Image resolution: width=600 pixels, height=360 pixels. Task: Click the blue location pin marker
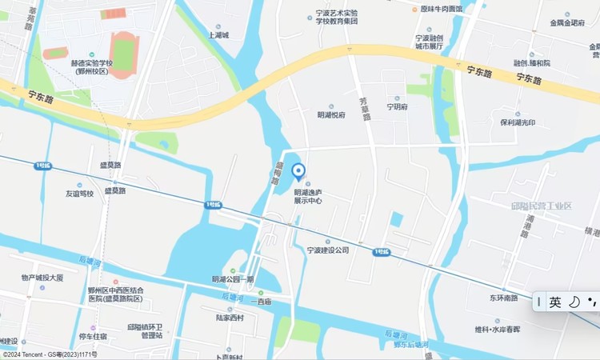click(x=298, y=171)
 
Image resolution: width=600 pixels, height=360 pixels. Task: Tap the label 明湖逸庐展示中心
click(x=308, y=197)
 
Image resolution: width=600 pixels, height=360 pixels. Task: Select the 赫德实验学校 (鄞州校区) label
click(x=92, y=67)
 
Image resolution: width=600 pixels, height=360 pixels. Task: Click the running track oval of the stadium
click(x=124, y=54)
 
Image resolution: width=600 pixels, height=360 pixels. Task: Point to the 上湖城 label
click(x=218, y=35)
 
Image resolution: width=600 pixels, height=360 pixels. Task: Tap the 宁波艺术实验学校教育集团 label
click(x=336, y=18)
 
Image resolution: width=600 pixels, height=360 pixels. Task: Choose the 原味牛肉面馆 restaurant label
click(x=442, y=9)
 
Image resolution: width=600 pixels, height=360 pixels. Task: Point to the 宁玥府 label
click(x=398, y=106)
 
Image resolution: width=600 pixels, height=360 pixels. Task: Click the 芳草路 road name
click(x=365, y=108)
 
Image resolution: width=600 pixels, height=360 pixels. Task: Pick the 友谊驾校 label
click(x=80, y=194)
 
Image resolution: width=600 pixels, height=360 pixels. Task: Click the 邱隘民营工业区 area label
click(x=542, y=206)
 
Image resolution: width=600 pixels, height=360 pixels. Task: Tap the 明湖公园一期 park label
click(x=233, y=279)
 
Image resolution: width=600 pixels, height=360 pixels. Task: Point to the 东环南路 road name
click(x=505, y=298)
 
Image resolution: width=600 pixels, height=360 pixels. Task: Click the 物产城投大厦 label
click(x=42, y=278)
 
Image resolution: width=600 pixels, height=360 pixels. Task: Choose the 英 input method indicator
click(x=555, y=302)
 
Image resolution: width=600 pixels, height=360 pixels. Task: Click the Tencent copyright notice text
click(x=50, y=354)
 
